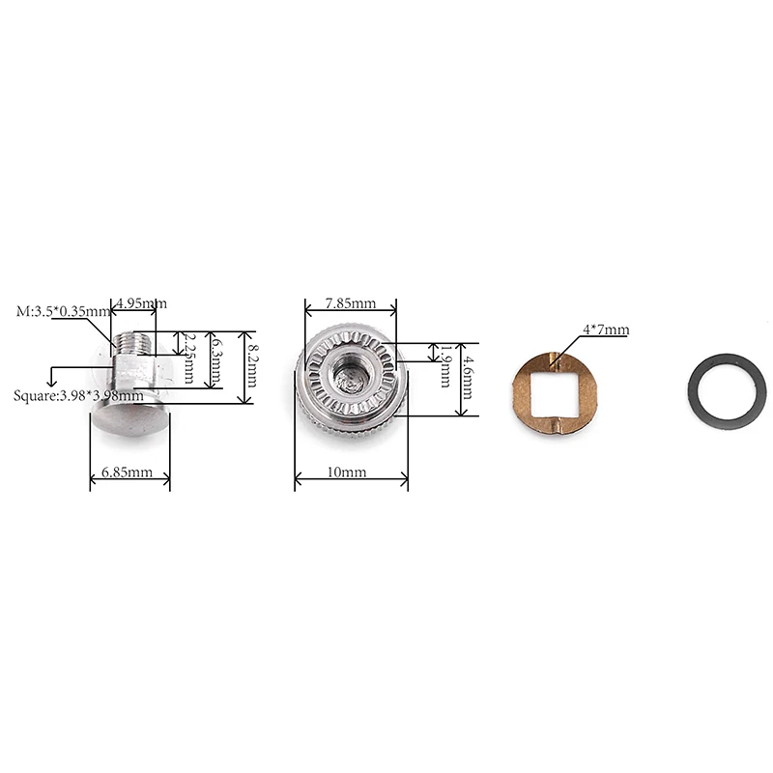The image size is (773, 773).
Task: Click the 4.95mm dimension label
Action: coord(141,302)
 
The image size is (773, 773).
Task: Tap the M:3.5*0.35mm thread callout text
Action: coord(63,311)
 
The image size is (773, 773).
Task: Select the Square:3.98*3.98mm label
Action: coord(78,396)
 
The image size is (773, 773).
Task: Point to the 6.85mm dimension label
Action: coord(128,472)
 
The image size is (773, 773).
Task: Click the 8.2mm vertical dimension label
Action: coord(251,365)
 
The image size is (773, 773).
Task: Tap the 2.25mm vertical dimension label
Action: coord(188,358)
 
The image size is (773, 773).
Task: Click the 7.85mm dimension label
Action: coord(350,303)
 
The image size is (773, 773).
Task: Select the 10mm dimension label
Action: coord(347,472)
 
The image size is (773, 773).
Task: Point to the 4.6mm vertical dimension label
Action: coord(466,379)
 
